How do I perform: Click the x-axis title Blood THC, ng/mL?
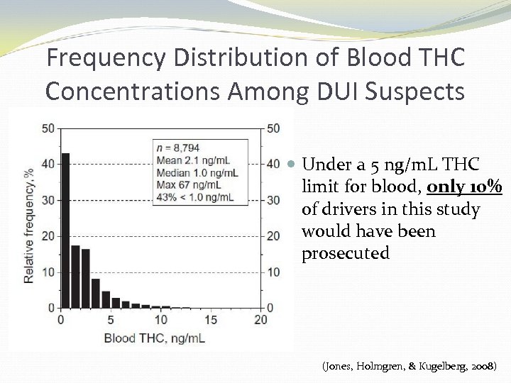(x=154, y=338)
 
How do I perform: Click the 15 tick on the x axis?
(x=211, y=320)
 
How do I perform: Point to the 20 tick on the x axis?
(x=260, y=320)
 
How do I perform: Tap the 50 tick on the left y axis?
(x=48, y=128)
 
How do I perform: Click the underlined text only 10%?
(x=465, y=187)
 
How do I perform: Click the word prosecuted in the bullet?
(x=346, y=253)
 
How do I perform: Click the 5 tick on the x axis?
(x=111, y=320)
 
